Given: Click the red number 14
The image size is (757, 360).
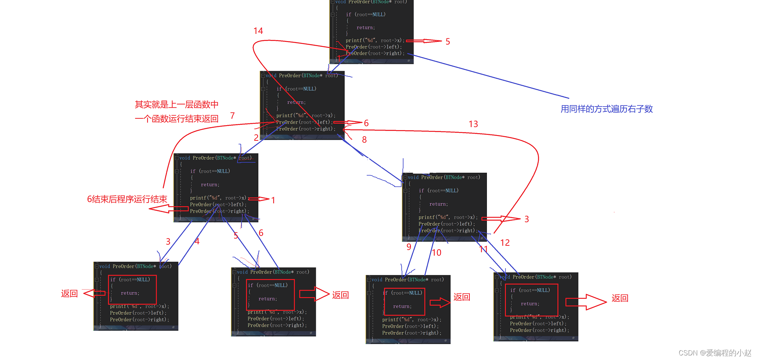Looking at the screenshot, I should [x=258, y=31].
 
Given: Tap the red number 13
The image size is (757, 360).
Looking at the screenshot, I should [x=473, y=124].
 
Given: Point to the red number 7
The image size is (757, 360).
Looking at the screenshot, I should [x=232, y=115].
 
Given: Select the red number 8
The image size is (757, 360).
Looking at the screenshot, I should [x=364, y=140].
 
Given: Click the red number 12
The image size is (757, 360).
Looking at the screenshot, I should [x=505, y=243].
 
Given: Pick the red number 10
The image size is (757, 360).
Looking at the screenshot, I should [x=437, y=253].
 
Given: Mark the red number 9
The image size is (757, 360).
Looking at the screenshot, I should [x=409, y=247].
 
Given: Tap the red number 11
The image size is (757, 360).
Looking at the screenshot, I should [x=483, y=249].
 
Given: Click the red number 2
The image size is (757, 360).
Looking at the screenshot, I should [x=256, y=137].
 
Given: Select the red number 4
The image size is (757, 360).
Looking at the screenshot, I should [x=197, y=241].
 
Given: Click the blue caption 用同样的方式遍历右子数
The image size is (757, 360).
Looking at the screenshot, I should [x=606, y=109].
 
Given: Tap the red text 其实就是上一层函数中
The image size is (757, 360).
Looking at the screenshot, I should [x=177, y=105].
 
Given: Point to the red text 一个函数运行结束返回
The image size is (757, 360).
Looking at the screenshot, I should [x=177, y=119].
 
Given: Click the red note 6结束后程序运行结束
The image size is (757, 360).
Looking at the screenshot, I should [x=127, y=199].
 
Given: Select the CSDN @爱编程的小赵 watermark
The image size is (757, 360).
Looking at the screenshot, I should [x=715, y=353].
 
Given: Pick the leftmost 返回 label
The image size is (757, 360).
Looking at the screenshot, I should [x=69, y=293].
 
